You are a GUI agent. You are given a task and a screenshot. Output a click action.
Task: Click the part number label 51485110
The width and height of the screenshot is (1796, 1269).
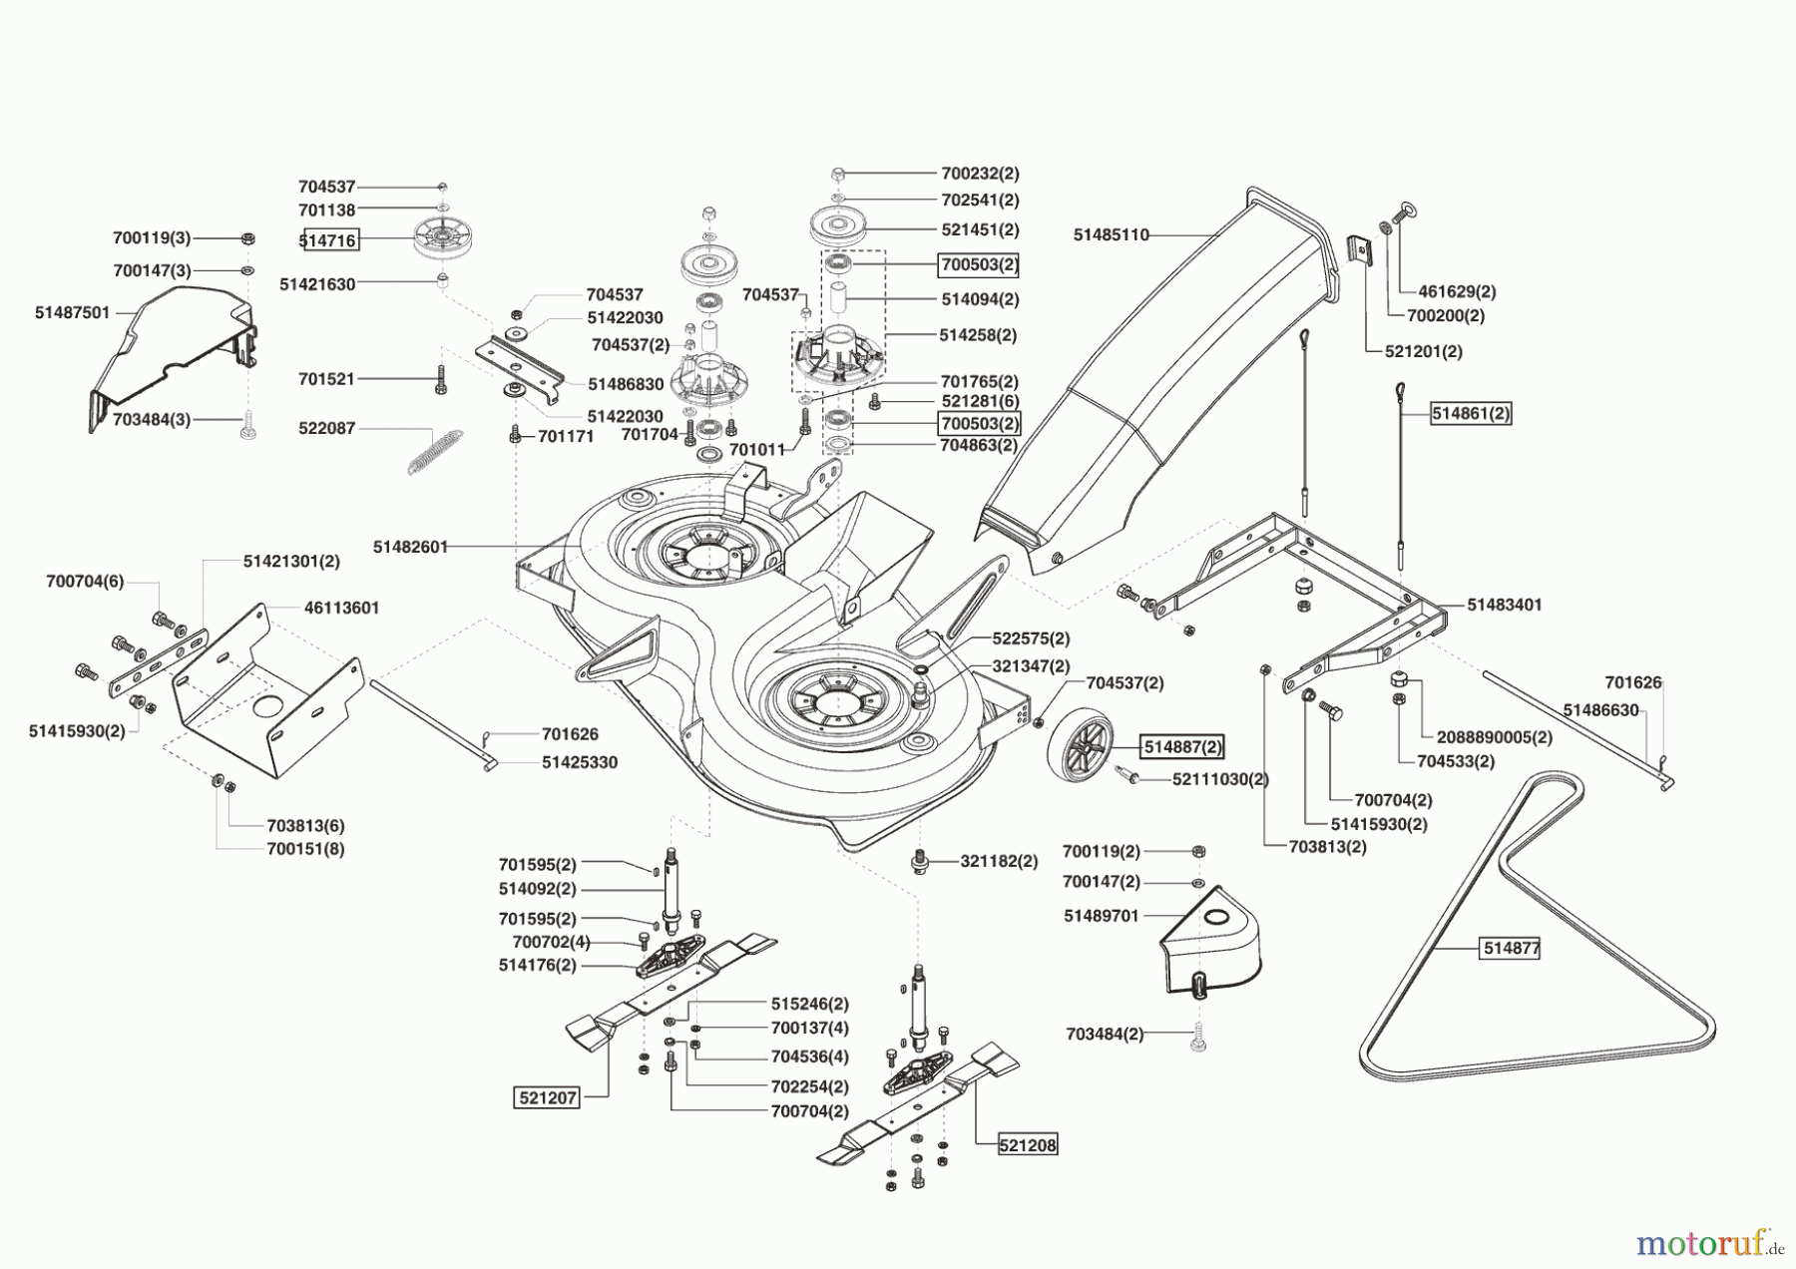coord(1111,235)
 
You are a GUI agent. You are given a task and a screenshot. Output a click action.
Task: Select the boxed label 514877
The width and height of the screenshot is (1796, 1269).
coord(1511,949)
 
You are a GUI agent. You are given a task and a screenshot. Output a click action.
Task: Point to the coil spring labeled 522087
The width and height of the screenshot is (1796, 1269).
coord(435,451)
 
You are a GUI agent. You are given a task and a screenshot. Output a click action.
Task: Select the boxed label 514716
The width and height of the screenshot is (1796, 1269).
coord(328,240)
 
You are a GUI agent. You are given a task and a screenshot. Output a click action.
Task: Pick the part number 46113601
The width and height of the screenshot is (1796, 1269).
coord(341,608)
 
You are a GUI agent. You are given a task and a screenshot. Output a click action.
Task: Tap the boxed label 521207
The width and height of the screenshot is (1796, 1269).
coord(548,1097)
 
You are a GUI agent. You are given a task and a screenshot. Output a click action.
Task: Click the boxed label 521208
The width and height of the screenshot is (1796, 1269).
coord(1028,1145)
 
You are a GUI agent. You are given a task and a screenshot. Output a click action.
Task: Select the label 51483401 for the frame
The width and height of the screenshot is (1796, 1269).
coord(1504,606)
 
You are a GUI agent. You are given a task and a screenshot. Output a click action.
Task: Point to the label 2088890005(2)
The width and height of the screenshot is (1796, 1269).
coord(1494,737)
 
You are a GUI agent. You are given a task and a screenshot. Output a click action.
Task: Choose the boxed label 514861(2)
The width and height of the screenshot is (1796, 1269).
coord(1471,413)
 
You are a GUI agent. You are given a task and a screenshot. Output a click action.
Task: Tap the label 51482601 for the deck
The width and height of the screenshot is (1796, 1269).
coord(410,547)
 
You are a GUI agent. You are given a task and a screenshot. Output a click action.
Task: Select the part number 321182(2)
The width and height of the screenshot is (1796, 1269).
coord(999,861)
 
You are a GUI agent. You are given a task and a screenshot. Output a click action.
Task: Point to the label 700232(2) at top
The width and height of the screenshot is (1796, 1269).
coord(980,174)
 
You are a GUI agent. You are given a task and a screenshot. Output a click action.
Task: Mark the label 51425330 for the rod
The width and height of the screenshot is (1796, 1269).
coord(579,762)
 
